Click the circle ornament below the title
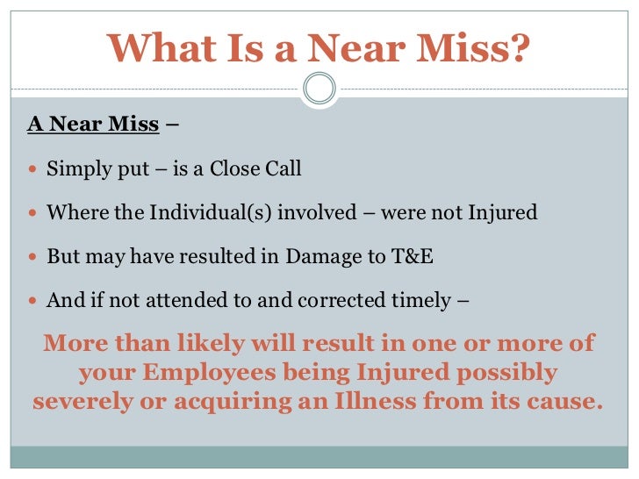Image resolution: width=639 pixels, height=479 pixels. [x=319, y=89]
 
